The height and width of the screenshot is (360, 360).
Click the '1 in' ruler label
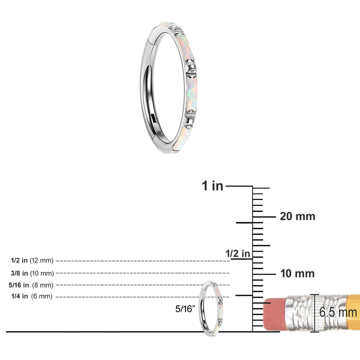click(212, 186)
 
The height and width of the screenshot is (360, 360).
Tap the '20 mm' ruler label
click(298, 217)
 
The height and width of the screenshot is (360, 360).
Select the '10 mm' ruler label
click(297, 274)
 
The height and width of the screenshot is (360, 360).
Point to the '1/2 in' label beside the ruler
click(238, 253)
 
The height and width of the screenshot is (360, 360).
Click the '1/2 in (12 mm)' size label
click(32, 260)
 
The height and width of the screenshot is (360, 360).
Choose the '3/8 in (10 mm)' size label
click(32, 273)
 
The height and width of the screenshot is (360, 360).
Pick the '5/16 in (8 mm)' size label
click(31, 285)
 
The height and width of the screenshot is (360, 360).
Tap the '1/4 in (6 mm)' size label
click(32, 296)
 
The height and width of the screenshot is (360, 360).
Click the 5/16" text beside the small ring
click(185, 309)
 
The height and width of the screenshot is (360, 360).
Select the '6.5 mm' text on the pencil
click(338, 312)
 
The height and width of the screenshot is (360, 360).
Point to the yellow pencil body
click(354, 312)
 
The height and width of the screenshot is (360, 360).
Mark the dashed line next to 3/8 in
click(143, 273)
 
